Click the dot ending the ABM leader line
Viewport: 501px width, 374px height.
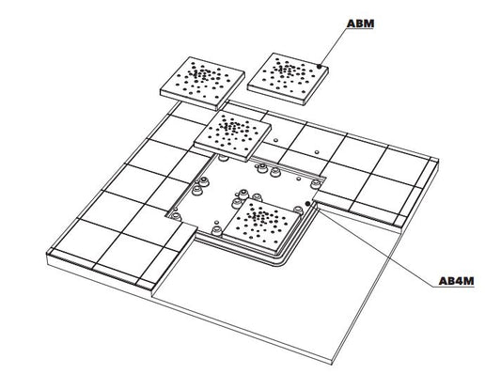tap(321, 66)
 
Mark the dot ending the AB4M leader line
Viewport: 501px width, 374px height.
tap(308, 203)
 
